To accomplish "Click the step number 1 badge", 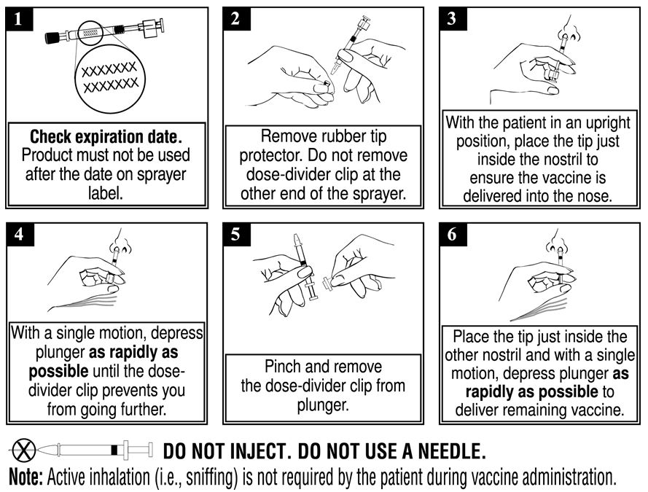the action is pos(19,19).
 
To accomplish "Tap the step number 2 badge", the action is pos(236,19).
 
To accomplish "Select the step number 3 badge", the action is pos(453,19).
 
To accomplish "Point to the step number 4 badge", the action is pos(20,235).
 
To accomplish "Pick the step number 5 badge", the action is pos(236,235).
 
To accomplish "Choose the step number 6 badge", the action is pos(453,235).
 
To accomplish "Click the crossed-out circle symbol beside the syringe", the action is pos(23,450).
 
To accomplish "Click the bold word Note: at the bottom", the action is pos(26,477).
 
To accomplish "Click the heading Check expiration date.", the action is pos(106,137).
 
